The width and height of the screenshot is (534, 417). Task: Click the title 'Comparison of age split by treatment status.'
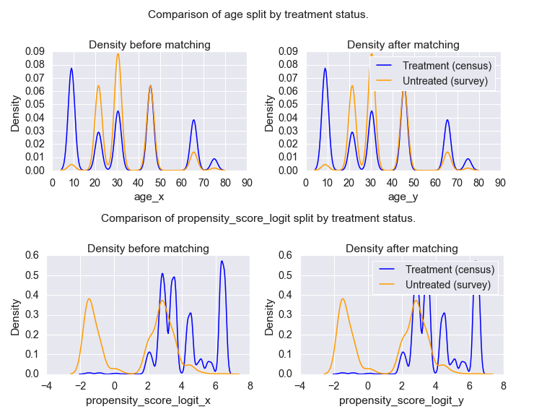coord(258,14)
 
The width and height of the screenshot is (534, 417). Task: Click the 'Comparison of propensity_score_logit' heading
coord(258,218)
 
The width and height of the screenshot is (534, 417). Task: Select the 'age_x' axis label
coord(149,196)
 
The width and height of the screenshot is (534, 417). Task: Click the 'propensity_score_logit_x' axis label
coord(148,400)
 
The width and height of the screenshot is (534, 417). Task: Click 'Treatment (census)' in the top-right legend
coord(447,66)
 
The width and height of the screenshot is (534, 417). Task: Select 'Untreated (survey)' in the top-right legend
coord(445,81)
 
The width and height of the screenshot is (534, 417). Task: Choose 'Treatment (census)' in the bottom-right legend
coord(450,270)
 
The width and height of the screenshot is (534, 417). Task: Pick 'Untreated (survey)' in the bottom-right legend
coord(448,285)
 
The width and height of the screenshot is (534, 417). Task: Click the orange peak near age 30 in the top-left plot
coord(118,54)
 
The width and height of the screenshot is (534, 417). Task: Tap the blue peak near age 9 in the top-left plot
coord(71,69)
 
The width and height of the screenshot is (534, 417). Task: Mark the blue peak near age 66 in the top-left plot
coord(194,121)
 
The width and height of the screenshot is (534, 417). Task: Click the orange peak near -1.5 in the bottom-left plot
coord(89,299)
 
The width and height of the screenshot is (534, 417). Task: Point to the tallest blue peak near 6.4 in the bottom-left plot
coord(222,262)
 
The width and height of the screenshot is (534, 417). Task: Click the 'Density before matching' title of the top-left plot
coord(149,45)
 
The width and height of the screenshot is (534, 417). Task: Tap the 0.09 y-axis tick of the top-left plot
coord(35,51)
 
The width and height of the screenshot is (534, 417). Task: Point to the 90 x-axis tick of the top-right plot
coord(499,182)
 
